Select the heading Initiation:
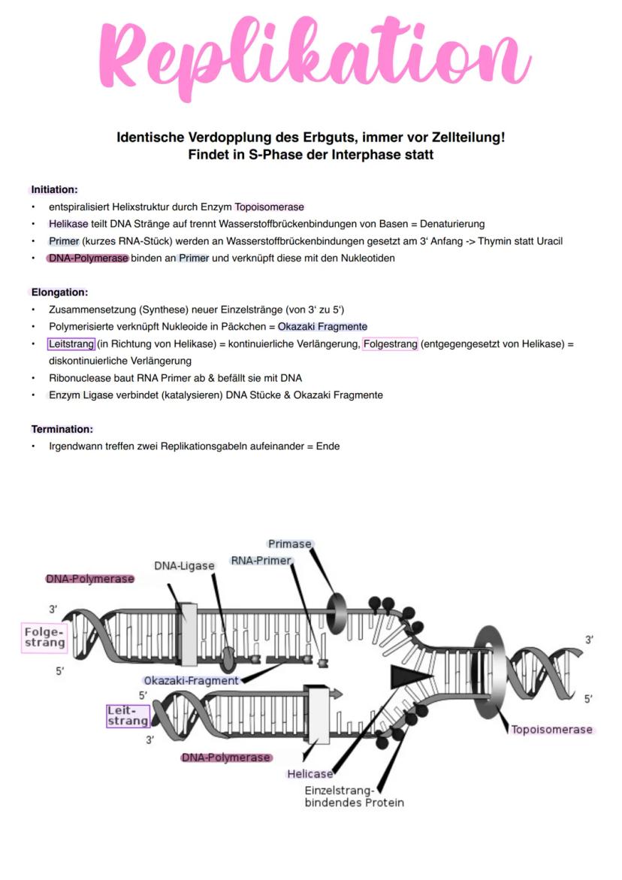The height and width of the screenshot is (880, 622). pyautogui.click(x=54, y=189)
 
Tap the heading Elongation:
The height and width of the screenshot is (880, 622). pyautogui.click(x=59, y=292)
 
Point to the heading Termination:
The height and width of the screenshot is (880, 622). pyautogui.click(x=62, y=429)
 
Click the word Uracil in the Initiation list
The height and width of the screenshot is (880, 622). pyautogui.click(x=548, y=241)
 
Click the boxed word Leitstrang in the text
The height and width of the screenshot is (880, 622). pyautogui.click(x=71, y=344)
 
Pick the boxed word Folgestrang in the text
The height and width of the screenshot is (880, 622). pyautogui.click(x=390, y=344)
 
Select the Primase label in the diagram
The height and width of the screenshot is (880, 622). pyautogui.click(x=289, y=543)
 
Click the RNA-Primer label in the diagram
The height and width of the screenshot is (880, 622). pyautogui.click(x=261, y=561)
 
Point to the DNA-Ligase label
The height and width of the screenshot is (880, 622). pyautogui.click(x=185, y=565)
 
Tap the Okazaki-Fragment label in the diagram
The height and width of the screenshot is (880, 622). pyautogui.click(x=191, y=680)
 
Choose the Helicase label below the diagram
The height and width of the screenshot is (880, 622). pyautogui.click(x=309, y=774)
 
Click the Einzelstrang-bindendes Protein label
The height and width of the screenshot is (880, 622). pyautogui.click(x=354, y=797)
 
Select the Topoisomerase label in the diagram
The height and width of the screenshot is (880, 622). pyautogui.click(x=552, y=729)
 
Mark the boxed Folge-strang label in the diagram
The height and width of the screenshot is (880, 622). pyautogui.click(x=44, y=637)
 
